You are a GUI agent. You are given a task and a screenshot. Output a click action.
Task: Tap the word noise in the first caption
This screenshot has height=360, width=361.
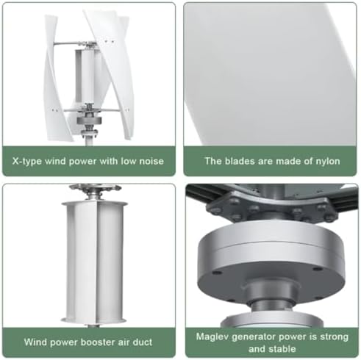click(147, 161)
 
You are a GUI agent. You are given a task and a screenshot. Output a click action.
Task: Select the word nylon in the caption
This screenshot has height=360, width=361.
click(324, 161)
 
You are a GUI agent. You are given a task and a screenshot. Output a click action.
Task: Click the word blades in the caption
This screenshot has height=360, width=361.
click(241, 161)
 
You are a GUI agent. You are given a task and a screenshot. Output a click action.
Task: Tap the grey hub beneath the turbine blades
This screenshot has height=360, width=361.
click(89, 117)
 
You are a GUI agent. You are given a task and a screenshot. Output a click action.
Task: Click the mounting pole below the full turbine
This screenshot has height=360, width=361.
click(89, 136)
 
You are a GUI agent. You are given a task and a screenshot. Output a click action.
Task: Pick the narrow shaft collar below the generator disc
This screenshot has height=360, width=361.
click(273, 297)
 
